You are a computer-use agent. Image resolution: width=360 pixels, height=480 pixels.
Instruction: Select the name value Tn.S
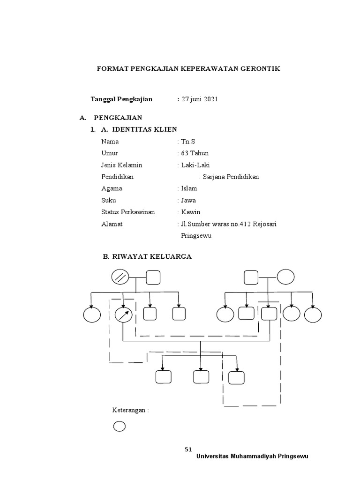(x=187, y=141)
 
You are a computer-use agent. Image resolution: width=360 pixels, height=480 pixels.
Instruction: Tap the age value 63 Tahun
(x=195, y=153)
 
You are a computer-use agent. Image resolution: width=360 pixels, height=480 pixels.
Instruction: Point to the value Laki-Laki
(x=196, y=165)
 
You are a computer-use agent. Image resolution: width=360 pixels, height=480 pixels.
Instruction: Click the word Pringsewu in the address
(x=196, y=235)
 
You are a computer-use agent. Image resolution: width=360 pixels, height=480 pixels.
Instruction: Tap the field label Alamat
(x=112, y=224)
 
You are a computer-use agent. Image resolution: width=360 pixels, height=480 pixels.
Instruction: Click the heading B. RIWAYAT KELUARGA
(x=147, y=256)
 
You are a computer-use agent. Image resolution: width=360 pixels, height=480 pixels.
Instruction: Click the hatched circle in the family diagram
(x=120, y=277)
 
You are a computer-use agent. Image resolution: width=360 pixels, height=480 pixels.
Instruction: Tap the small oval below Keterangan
(x=120, y=426)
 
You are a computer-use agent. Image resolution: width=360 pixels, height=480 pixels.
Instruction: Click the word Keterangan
(x=130, y=410)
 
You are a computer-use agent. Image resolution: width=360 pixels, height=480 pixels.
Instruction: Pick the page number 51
(x=188, y=449)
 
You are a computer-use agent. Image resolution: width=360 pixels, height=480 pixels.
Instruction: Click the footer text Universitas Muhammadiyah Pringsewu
(x=253, y=456)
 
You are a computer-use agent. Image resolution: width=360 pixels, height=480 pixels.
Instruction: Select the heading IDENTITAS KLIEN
(x=144, y=129)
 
